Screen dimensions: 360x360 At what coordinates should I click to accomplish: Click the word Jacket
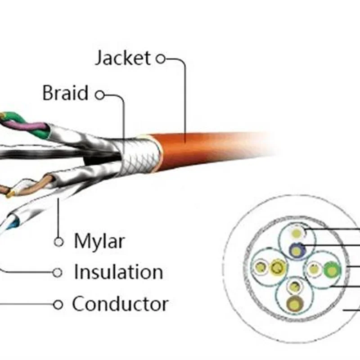[122, 58]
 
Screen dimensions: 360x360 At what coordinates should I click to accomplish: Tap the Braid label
[65, 94]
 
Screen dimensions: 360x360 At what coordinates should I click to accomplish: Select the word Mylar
[99, 242]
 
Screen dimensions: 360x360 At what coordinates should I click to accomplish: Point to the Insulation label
[118, 272]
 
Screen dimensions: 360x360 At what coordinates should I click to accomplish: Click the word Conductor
[120, 304]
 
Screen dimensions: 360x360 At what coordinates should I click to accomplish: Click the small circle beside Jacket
[161, 58]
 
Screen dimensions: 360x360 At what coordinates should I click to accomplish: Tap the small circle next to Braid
[100, 94]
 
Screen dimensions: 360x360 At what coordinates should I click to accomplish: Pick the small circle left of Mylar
[58, 242]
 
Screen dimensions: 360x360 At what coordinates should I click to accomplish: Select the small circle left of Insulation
[57, 272]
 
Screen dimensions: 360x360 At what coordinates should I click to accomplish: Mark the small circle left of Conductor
[58, 305]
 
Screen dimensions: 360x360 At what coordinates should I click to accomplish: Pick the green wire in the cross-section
[332, 270]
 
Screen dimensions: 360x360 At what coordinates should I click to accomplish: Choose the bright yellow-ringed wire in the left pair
[277, 269]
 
